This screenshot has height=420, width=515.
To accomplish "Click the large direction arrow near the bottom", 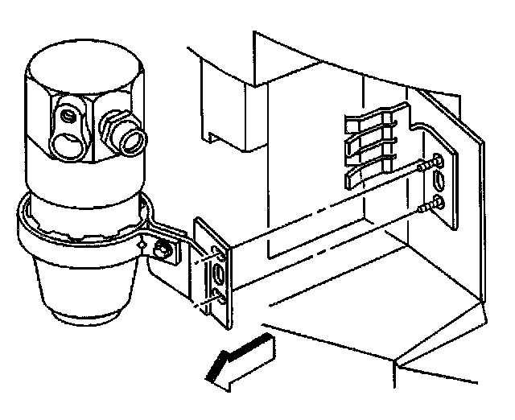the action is pyautogui.click(x=241, y=360).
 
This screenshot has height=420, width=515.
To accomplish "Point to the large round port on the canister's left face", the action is pyautogui.click(x=65, y=146).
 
